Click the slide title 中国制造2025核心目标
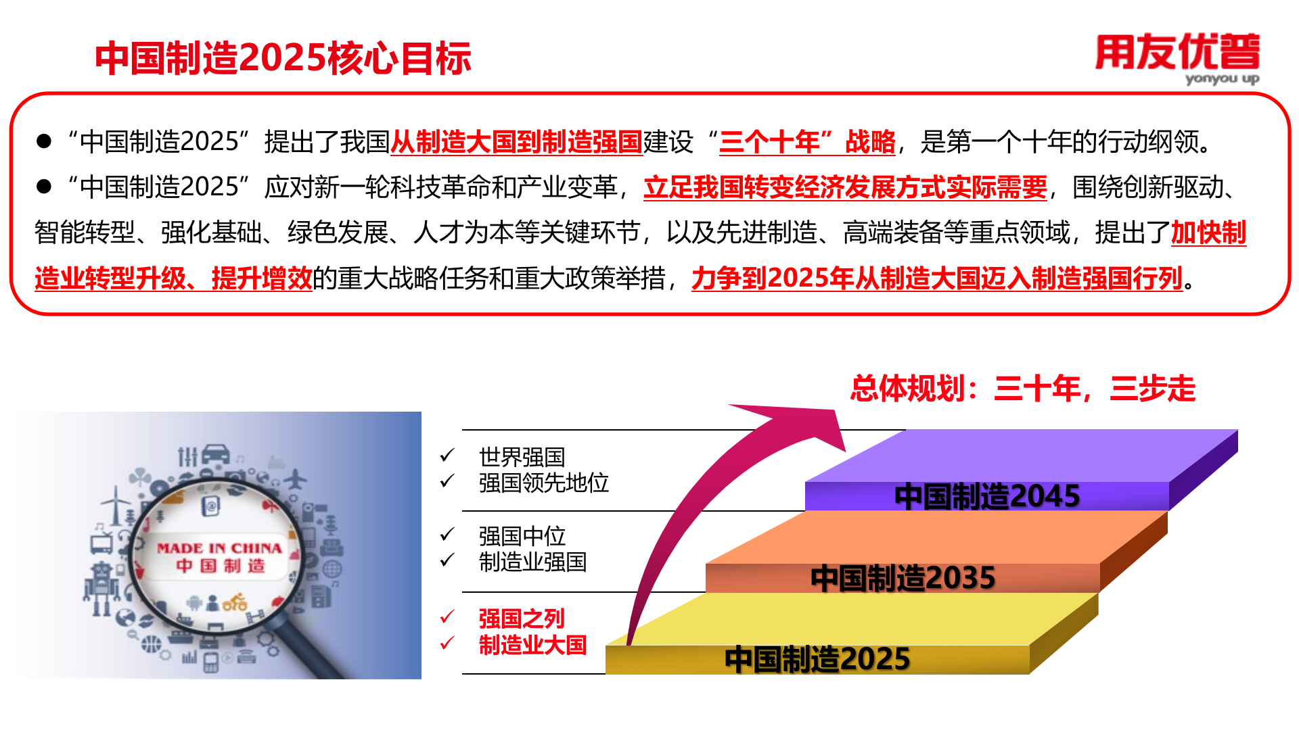click(x=283, y=58)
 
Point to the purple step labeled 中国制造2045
click(x=986, y=496)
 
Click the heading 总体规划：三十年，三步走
click(x=1022, y=389)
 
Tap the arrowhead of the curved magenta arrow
click(x=805, y=422)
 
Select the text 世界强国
click(x=522, y=457)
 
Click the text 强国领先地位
click(x=543, y=483)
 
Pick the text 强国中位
click(x=522, y=536)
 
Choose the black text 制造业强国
click(x=532, y=562)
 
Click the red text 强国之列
click(x=521, y=618)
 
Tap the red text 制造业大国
click(x=532, y=645)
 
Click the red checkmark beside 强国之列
click(x=447, y=616)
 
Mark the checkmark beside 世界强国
click(x=447, y=456)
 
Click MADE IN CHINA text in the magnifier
click(x=219, y=548)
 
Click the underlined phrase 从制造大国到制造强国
click(x=516, y=142)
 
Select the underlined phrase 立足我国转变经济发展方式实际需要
click(x=845, y=187)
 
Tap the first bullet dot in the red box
click(x=44, y=141)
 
